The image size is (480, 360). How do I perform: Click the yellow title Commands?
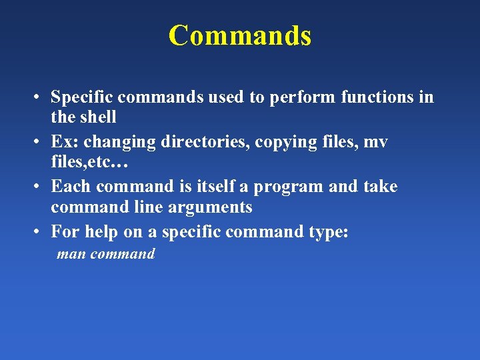click(x=239, y=35)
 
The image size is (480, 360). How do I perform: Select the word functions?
click(x=379, y=97)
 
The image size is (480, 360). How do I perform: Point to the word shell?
click(x=98, y=117)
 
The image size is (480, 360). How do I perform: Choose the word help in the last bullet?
click(x=101, y=232)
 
